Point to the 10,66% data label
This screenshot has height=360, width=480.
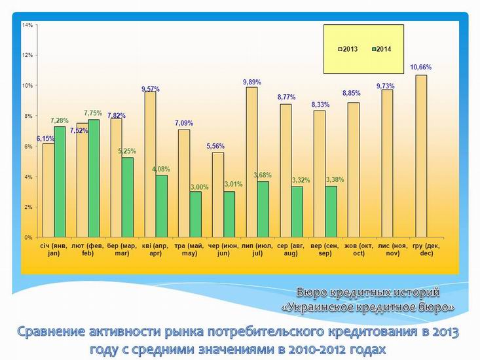(420, 67)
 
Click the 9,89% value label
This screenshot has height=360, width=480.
(252, 82)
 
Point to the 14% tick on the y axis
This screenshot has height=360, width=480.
(28, 25)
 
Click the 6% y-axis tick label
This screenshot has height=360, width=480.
(29, 147)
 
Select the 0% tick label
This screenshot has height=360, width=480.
(29, 237)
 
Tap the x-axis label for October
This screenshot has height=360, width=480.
(354, 249)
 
